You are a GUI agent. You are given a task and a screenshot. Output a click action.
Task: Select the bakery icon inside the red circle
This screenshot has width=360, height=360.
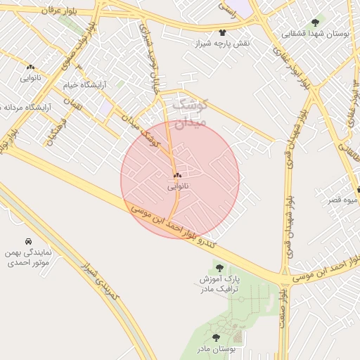(x=176, y=174)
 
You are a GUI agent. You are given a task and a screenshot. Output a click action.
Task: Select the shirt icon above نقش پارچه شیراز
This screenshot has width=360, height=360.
(x=223, y=32)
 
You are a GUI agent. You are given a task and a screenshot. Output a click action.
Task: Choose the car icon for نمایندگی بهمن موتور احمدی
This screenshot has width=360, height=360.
(x=28, y=240)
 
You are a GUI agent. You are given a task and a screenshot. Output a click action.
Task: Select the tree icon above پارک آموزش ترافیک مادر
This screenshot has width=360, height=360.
(x=219, y=268)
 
